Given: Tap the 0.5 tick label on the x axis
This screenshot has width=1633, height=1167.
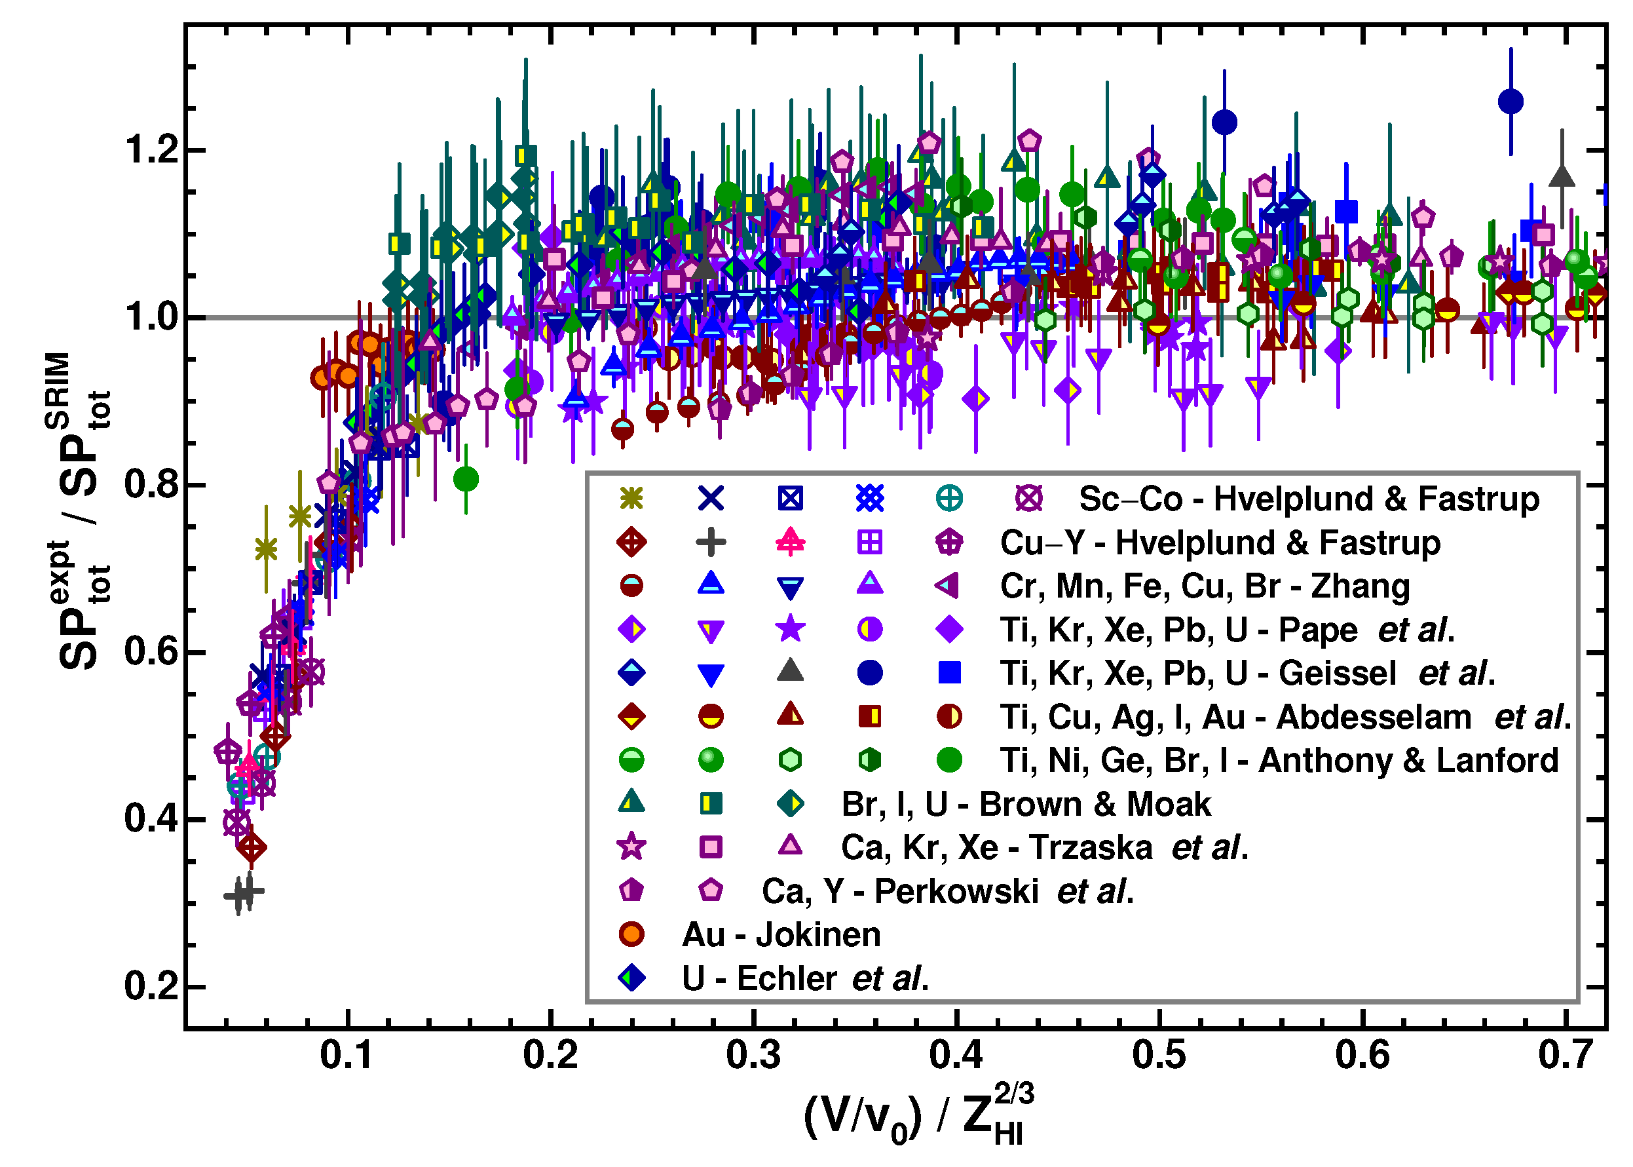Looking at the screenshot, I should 1159,1055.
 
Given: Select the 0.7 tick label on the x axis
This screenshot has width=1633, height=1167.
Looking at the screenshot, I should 1565,1055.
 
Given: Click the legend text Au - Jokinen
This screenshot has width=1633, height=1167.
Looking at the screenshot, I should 780,934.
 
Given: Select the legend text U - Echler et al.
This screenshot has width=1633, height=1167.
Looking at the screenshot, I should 804,978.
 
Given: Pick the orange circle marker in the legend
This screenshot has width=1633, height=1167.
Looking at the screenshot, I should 631,934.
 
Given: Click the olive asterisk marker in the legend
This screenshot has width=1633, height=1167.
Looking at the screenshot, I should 631,497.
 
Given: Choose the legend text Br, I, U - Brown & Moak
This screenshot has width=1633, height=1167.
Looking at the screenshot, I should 1025,803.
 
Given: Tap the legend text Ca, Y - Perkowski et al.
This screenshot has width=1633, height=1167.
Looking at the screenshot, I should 947,891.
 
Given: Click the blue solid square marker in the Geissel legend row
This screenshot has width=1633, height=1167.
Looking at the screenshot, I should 949,672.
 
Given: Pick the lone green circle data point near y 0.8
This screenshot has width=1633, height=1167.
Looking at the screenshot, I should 466,478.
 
